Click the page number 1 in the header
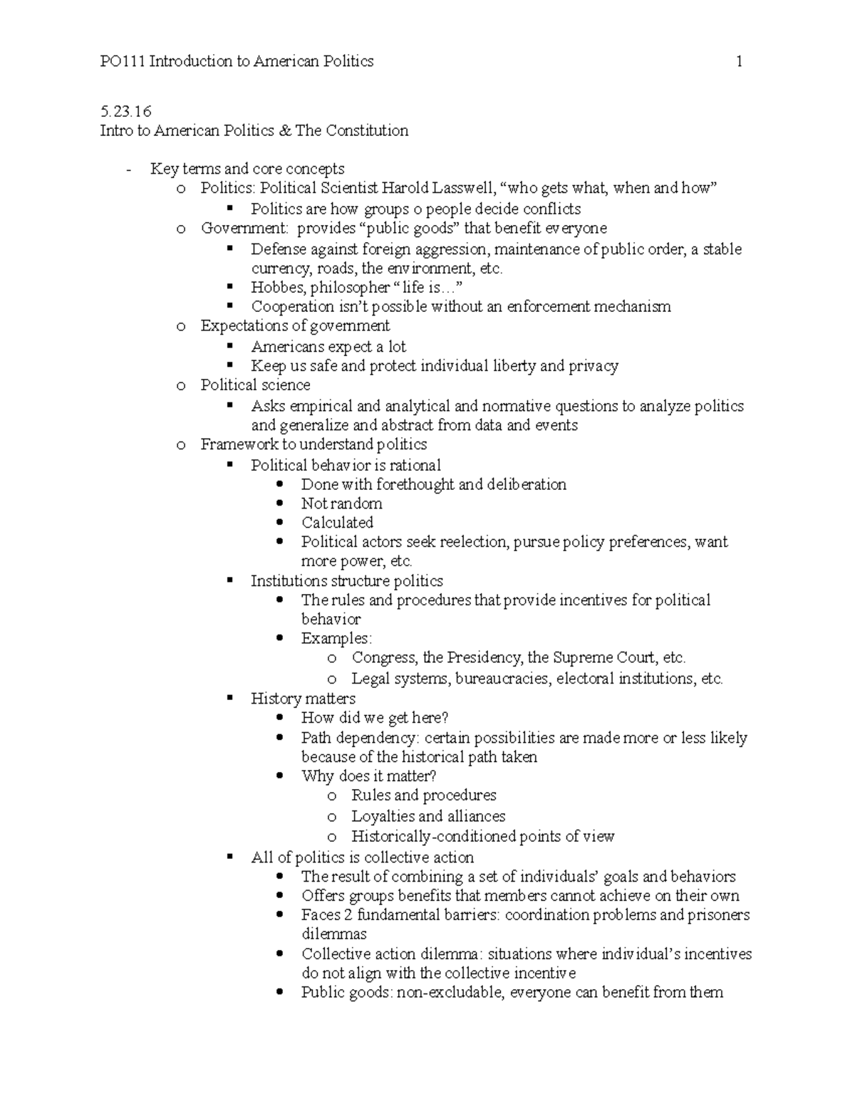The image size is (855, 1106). point(740,62)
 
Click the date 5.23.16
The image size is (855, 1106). point(126,112)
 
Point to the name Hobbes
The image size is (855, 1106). point(278,288)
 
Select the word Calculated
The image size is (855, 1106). point(337,523)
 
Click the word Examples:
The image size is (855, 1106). point(336,639)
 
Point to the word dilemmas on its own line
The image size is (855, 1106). point(334,934)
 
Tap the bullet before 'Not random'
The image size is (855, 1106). point(280,504)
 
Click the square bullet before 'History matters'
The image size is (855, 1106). point(229,699)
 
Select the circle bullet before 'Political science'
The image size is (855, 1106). point(180,385)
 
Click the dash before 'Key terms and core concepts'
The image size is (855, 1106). point(128,169)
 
